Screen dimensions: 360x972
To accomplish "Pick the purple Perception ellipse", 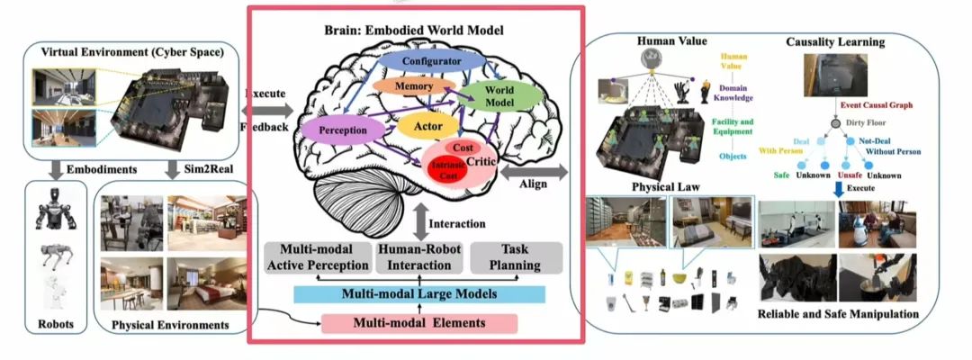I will [x=342, y=130].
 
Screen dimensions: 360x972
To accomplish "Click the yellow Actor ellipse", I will [x=427, y=126].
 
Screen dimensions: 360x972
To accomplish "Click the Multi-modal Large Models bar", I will [x=420, y=294].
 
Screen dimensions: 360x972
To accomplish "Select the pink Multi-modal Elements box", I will [x=419, y=323].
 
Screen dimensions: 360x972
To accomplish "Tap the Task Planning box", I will [x=517, y=257].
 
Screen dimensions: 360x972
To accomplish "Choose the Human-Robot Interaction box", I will [x=415, y=257].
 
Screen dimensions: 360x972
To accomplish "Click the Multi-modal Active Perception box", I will [x=316, y=257].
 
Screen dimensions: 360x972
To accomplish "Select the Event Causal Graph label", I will [x=876, y=105].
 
